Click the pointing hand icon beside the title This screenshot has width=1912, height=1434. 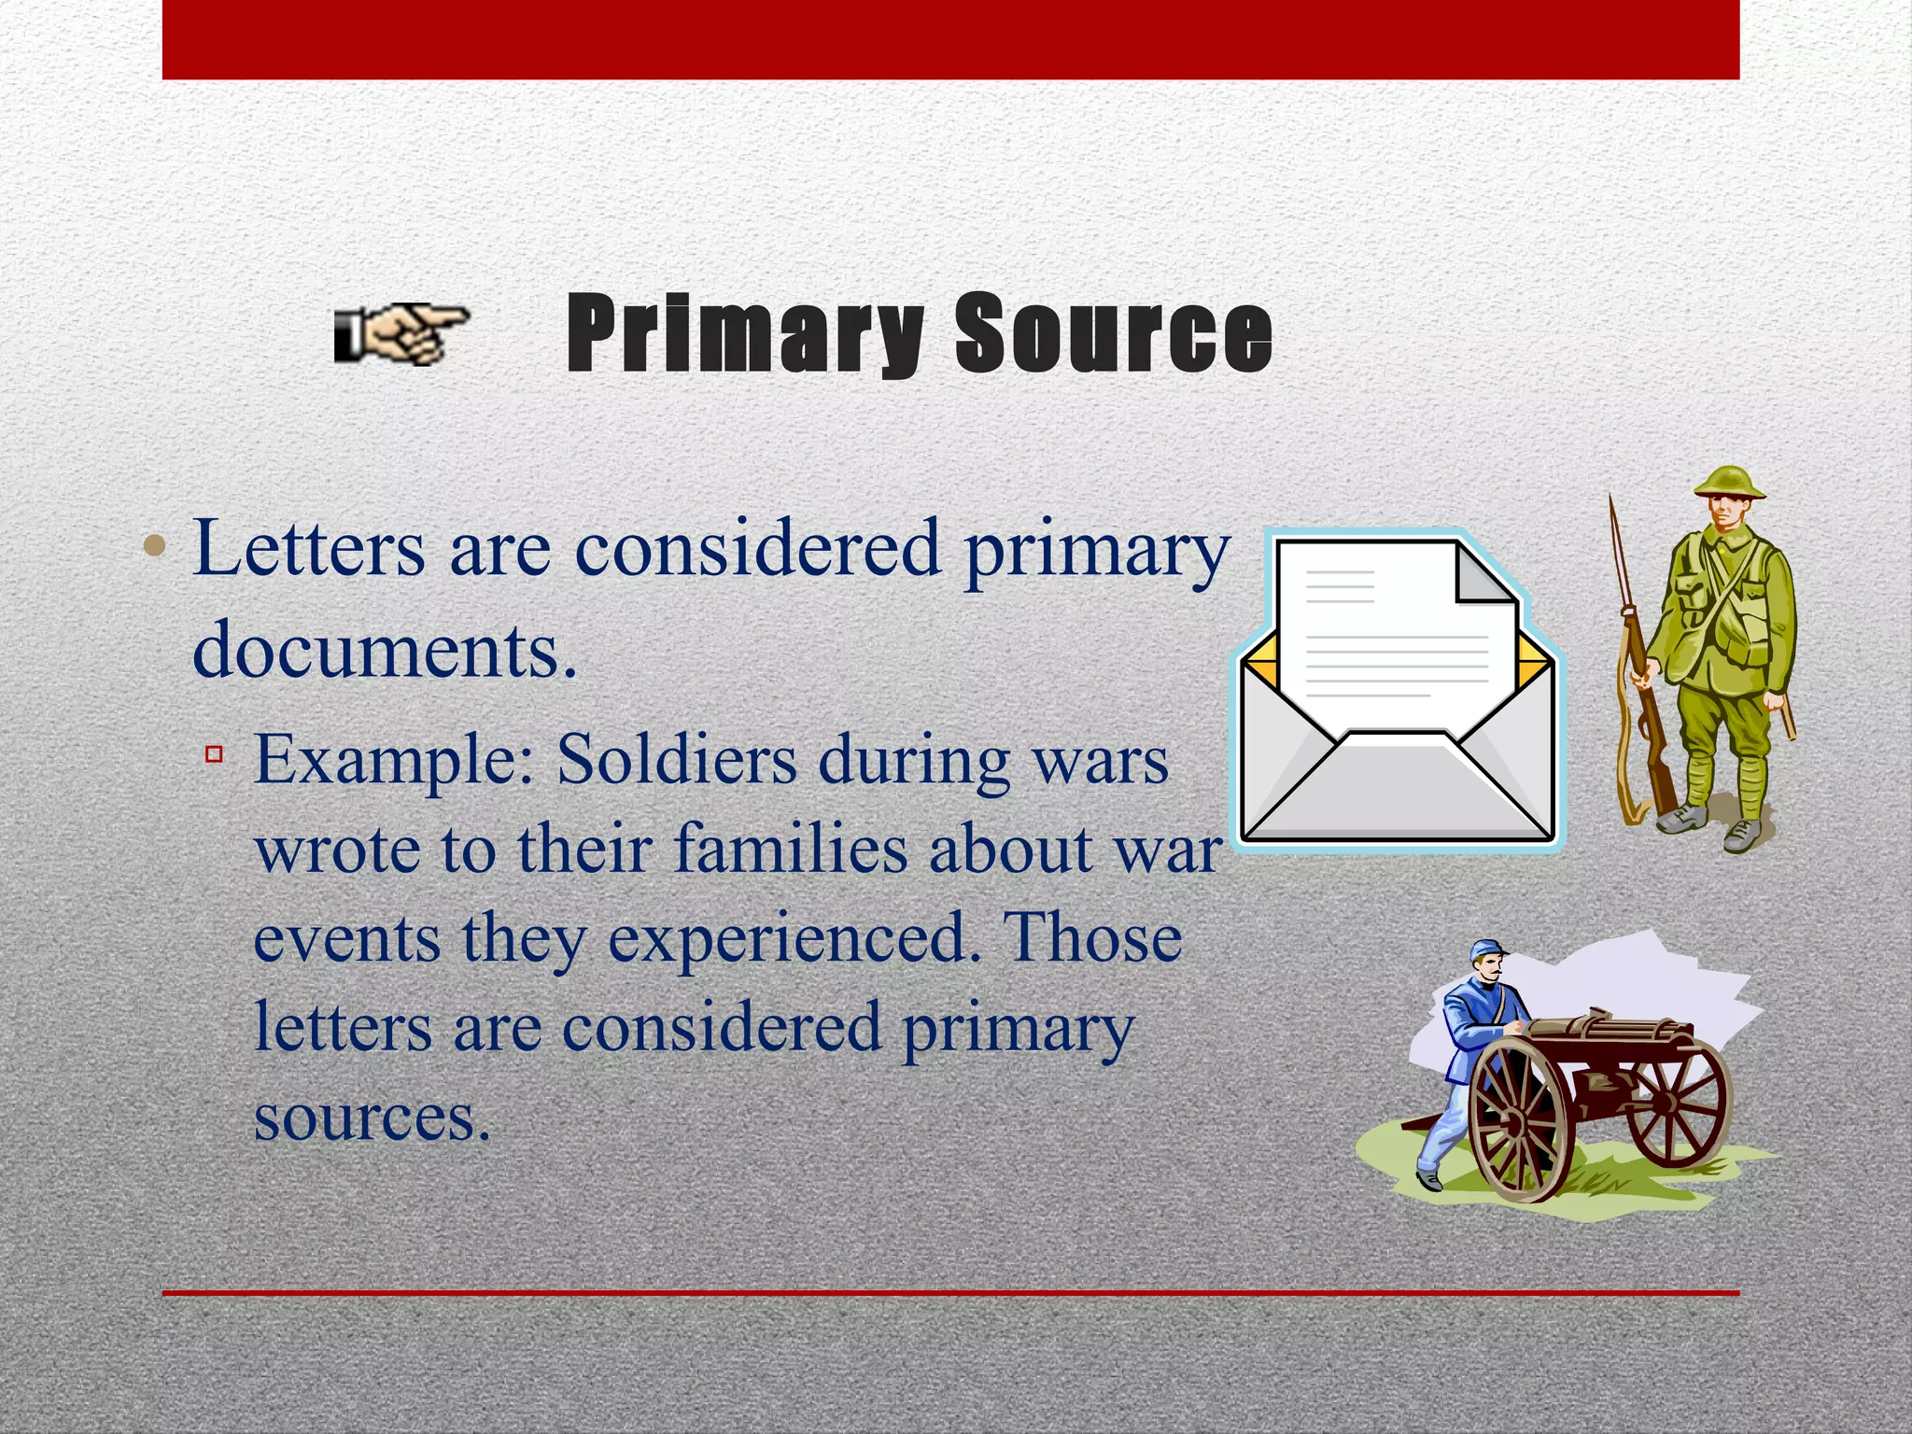(400, 333)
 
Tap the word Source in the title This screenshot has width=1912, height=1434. (1113, 333)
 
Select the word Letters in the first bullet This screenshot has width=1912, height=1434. (308, 549)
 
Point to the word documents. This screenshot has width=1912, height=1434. (384, 651)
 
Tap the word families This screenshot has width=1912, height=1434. (790, 850)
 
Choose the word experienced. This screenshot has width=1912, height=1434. (789, 938)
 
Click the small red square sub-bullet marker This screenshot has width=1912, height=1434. (214, 752)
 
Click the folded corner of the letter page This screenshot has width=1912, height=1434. (1484, 574)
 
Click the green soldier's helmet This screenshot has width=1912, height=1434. (1729, 484)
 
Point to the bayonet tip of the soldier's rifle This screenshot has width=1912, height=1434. (1611, 509)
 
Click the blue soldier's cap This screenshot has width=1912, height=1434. (1488, 951)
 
